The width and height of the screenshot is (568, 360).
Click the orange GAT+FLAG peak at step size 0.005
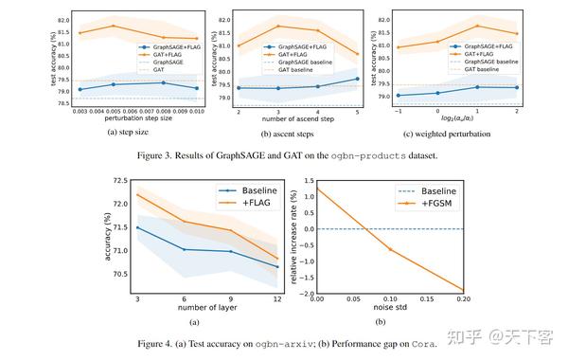click(114, 27)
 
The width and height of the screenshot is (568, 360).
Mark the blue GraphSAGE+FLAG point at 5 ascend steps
click(358, 79)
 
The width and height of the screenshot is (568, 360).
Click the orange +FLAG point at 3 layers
click(137, 195)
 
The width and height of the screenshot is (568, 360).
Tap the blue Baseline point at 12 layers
click(276, 266)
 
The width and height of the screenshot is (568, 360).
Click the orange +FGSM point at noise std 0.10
click(389, 249)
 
